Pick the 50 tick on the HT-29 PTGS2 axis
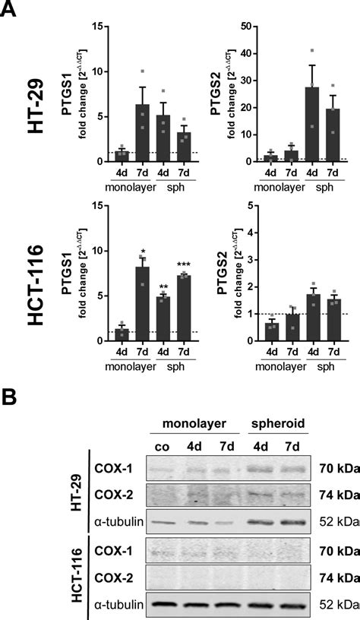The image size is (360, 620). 243,27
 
